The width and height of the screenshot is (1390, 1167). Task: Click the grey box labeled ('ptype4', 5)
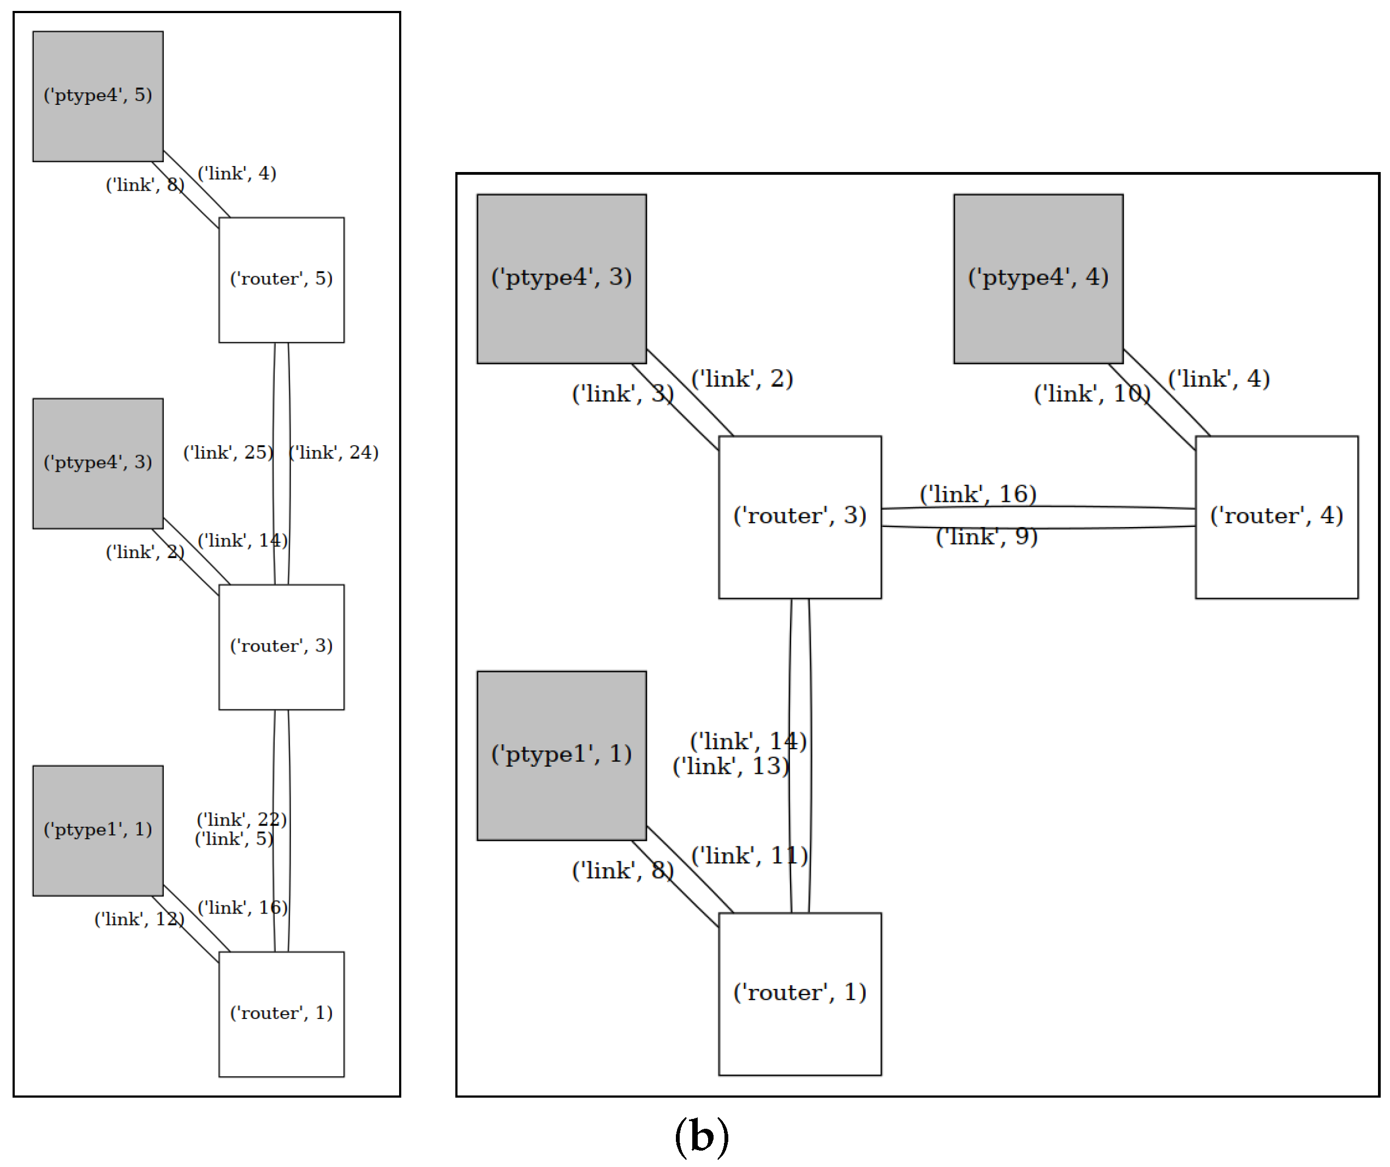[x=98, y=97]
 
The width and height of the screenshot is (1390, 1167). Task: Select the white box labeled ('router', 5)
[x=281, y=280]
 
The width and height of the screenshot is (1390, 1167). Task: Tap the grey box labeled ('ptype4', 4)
[x=1038, y=279]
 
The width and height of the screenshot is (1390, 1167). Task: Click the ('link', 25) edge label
[x=228, y=453]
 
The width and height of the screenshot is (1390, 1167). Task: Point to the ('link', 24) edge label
[x=334, y=453]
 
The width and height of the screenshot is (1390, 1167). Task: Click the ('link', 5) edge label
[x=234, y=839]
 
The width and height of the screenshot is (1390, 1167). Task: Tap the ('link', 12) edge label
[x=139, y=920]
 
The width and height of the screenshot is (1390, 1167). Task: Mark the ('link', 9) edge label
[x=986, y=537]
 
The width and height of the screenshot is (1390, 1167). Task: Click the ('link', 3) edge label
[x=622, y=394]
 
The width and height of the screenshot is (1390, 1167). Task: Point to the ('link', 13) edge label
[x=730, y=767]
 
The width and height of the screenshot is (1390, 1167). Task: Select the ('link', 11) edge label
[x=749, y=857]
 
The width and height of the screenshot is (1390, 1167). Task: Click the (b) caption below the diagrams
[x=702, y=1137]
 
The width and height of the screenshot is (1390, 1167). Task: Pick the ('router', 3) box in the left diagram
[x=281, y=647]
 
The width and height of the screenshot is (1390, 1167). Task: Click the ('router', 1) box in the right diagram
[x=800, y=993]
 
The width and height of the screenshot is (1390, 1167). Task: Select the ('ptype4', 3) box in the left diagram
[x=98, y=463]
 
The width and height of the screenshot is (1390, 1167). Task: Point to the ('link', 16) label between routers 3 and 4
[x=978, y=494]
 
